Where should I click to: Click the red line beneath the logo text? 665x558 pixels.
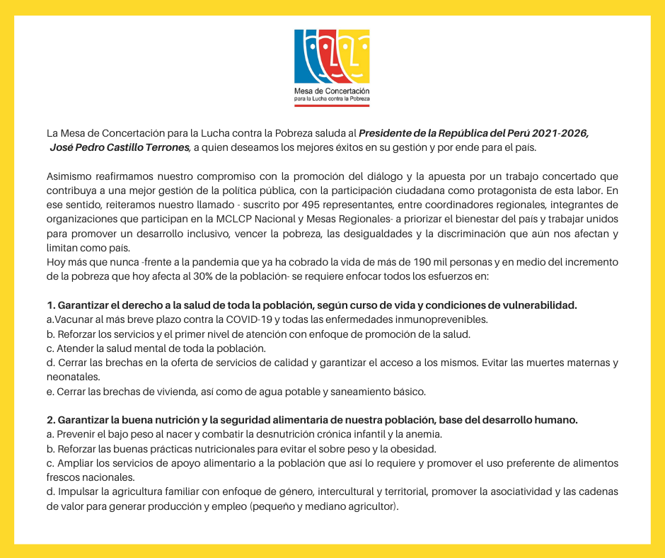pyautogui.click(x=332, y=106)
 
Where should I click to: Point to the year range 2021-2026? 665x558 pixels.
pyautogui.click(x=564, y=133)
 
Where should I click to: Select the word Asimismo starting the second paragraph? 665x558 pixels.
pyautogui.click(x=69, y=176)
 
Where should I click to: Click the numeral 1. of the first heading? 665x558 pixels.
pyautogui.click(x=50, y=305)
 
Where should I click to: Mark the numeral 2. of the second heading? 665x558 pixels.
pyautogui.click(x=51, y=420)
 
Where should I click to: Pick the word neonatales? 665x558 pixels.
pyautogui.click(x=73, y=377)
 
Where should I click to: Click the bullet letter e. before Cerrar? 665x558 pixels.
pyautogui.click(x=50, y=392)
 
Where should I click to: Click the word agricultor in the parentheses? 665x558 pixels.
pyautogui.click(x=376, y=506)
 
